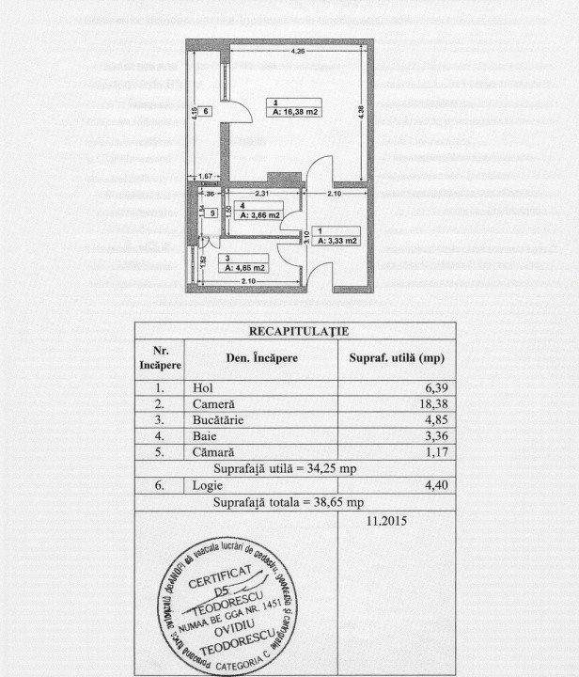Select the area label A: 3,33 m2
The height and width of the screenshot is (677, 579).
pyautogui.click(x=337, y=241)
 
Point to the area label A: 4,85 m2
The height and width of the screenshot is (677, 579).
pyautogui.click(x=246, y=267)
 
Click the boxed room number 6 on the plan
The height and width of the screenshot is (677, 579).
pyautogui.click(x=206, y=111)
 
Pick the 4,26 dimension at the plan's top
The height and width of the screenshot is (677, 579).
pyautogui.click(x=297, y=50)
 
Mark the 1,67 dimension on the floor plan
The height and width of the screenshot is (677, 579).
pyautogui.click(x=206, y=177)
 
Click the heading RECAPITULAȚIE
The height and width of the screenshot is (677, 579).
pyautogui.click(x=294, y=331)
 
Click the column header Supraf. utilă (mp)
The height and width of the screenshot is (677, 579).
pyautogui.click(x=396, y=358)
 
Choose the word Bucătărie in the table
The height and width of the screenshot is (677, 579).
pyautogui.click(x=218, y=419)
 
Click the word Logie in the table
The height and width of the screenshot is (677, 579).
pyautogui.click(x=208, y=484)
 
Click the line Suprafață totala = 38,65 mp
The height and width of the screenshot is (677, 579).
pyautogui.click(x=294, y=501)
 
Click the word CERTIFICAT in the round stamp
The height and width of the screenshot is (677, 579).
pyautogui.click(x=219, y=578)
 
